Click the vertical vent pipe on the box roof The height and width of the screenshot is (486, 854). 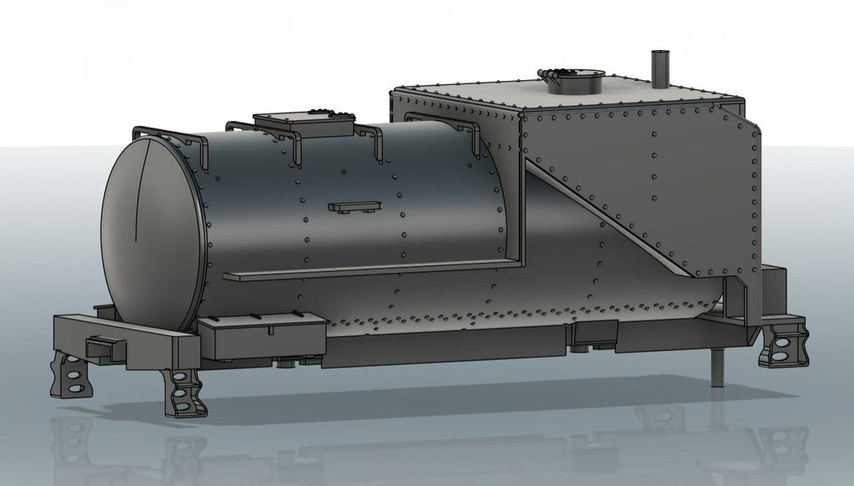(660, 68)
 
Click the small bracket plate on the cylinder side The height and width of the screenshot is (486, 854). (354, 206)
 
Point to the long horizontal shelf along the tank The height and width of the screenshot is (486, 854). (367, 269)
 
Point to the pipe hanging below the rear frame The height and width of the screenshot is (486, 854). (716, 367)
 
